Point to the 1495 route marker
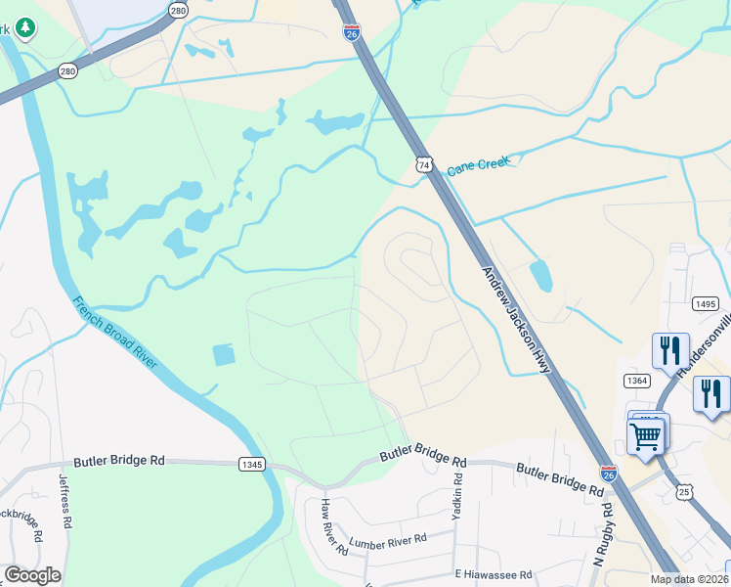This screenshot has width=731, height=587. pos(706,304)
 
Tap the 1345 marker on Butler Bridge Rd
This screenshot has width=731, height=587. pos(251,465)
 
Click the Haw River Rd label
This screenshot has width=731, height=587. pos(334,526)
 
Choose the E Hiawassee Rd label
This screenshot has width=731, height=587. pos(493,574)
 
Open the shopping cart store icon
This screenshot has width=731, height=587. pos(646,436)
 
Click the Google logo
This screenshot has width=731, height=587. pos(32,575)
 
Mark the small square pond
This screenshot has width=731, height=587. pos(224,354)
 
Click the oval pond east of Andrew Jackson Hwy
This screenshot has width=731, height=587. pos(540,276)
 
